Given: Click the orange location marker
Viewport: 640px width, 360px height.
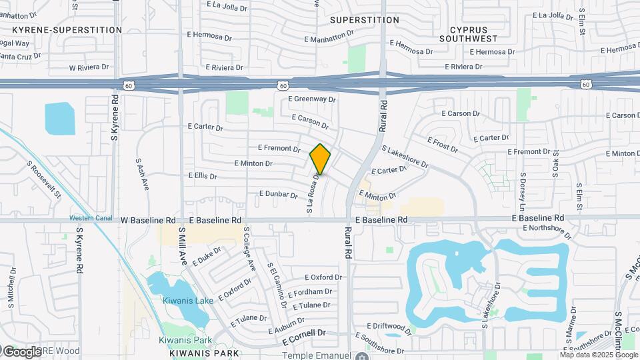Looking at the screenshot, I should pos(320,159).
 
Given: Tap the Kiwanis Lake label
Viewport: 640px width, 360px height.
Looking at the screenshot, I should pos(188,301).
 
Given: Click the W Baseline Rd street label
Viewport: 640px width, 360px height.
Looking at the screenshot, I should pos(148,219).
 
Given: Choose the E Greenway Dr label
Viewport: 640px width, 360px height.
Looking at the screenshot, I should pos(312,99).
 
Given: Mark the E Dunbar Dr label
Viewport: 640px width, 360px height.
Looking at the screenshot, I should pos(279,195).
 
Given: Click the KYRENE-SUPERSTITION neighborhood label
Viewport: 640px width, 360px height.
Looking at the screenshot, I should pos(67,30).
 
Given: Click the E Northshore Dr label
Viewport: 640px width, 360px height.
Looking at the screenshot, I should pos(547,231).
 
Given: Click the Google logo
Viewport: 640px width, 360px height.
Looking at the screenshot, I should pos(21,351).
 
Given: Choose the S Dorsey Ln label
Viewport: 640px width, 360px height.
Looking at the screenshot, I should pos(523,190).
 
